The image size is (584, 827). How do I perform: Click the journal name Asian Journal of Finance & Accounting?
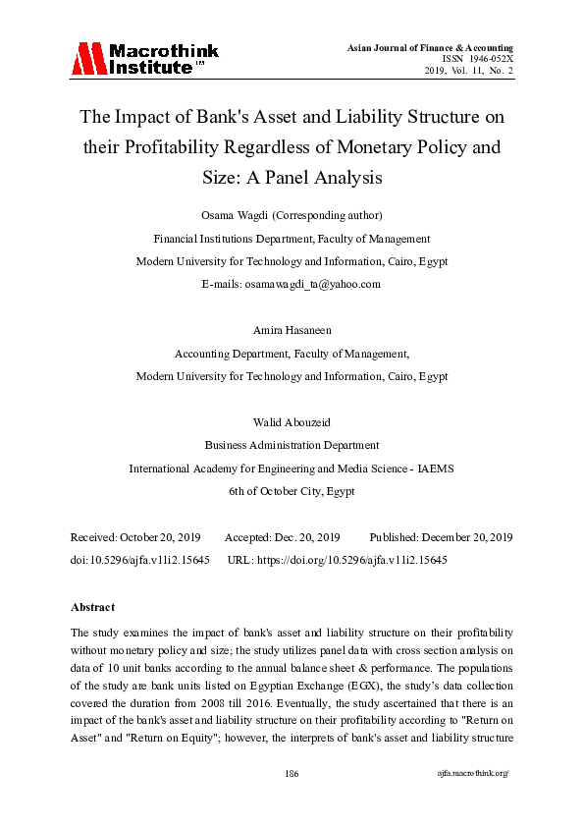(429, 48)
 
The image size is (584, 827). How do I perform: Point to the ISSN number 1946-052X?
(491, 59)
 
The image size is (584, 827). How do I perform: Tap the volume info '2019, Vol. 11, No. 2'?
(468, 71)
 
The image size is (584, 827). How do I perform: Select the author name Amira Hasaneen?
(292, 330)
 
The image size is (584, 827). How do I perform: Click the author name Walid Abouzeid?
(292, 422)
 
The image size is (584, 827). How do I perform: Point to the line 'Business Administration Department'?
(292, 445)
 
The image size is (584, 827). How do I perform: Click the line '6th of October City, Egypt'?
(292, 491)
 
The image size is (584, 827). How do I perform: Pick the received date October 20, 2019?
(159, 537)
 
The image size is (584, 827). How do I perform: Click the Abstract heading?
(93, 607)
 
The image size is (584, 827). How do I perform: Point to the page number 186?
(292, 774)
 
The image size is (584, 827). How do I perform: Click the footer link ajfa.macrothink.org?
(473, 774)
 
